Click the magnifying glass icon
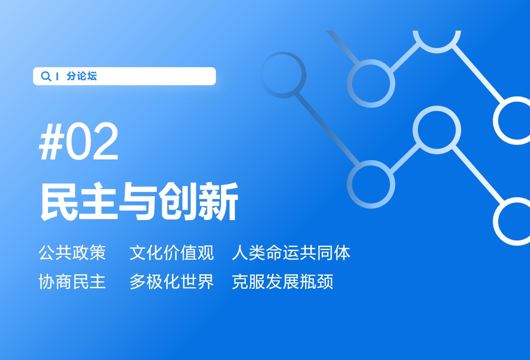pyautogui.click(x=46, y=76)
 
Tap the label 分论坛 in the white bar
pyautogui.click(x=82, y=76)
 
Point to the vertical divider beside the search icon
pyautogui.click(x=57, y=76)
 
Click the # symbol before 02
pyautogui.click(x=52, y=141)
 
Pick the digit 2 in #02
pyautogui.click(x=105, y=141)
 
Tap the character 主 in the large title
pyautogui.click(x=99, y=202)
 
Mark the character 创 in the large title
pyautogui.click(x=178, y=202)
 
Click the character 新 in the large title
pyautogui.click(x=218, y=202)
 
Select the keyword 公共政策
pyautogui.click(x=72, y=253)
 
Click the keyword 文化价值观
pyautogui.click(x=172, y=253)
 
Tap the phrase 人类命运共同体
pyautogui.click(x=291, y=253)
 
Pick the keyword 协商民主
pyautogui.click(x=72, y=281)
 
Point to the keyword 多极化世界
pyautogui.click(x=172, y=281)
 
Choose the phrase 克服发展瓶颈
pyautogui.click(x=283, y=281)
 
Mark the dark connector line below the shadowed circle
pyautogui.click(x=328, y=129)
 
